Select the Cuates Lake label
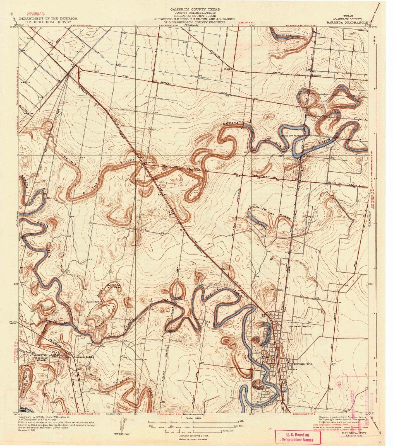pos(284,35)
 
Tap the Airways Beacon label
pos(300,326)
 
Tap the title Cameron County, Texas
pos(195,9)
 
